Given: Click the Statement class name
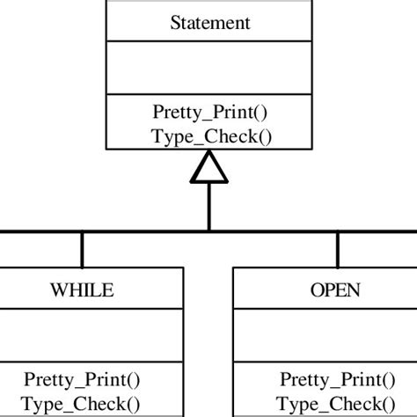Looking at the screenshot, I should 208,21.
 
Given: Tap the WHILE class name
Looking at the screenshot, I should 82,289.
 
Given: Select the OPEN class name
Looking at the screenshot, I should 335,289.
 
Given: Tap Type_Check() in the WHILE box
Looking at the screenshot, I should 82,404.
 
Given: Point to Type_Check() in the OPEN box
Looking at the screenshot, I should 338,404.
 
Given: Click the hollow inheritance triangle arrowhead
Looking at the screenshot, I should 208,167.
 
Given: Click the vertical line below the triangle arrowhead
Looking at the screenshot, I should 208,207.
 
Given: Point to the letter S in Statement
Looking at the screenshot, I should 174,21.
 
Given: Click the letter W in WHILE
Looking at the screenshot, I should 56,289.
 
